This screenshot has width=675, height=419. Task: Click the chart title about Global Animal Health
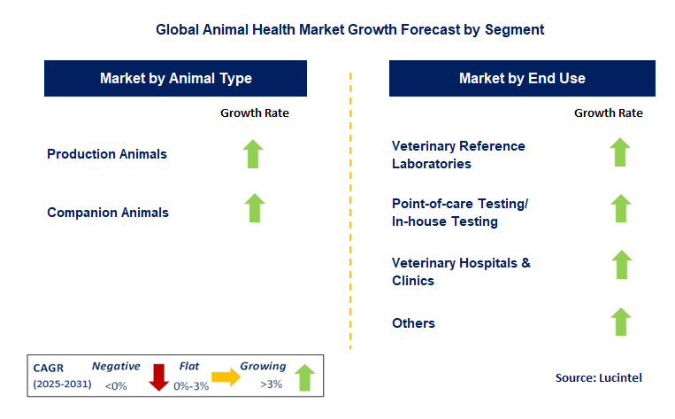coord(349,29)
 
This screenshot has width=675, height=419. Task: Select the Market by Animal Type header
coord(176,78)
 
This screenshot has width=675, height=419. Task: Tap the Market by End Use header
coord(522,78)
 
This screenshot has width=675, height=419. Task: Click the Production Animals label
coord(107,154)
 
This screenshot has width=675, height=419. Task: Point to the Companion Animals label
coord(108,213)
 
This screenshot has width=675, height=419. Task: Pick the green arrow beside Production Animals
coord(254,154)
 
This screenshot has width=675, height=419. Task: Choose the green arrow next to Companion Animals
coord(254,208)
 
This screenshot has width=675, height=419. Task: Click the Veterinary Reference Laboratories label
coord(458,154)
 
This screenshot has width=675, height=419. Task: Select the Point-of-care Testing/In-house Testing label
coord(460,213)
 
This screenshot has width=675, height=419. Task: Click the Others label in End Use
coord(413,323)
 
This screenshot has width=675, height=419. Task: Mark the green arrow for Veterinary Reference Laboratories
coord(620,152)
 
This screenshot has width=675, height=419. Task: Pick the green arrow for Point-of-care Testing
coord(620,209)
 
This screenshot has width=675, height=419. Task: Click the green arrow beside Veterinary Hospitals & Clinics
coord(622,265)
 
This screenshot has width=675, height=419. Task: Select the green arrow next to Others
coord(620,322)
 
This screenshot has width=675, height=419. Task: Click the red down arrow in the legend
coord(159,376)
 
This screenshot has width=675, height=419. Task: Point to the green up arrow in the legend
coord(304,376)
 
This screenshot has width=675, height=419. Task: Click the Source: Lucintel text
coord(598,378)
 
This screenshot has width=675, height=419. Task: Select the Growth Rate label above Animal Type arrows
coord(254,113)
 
